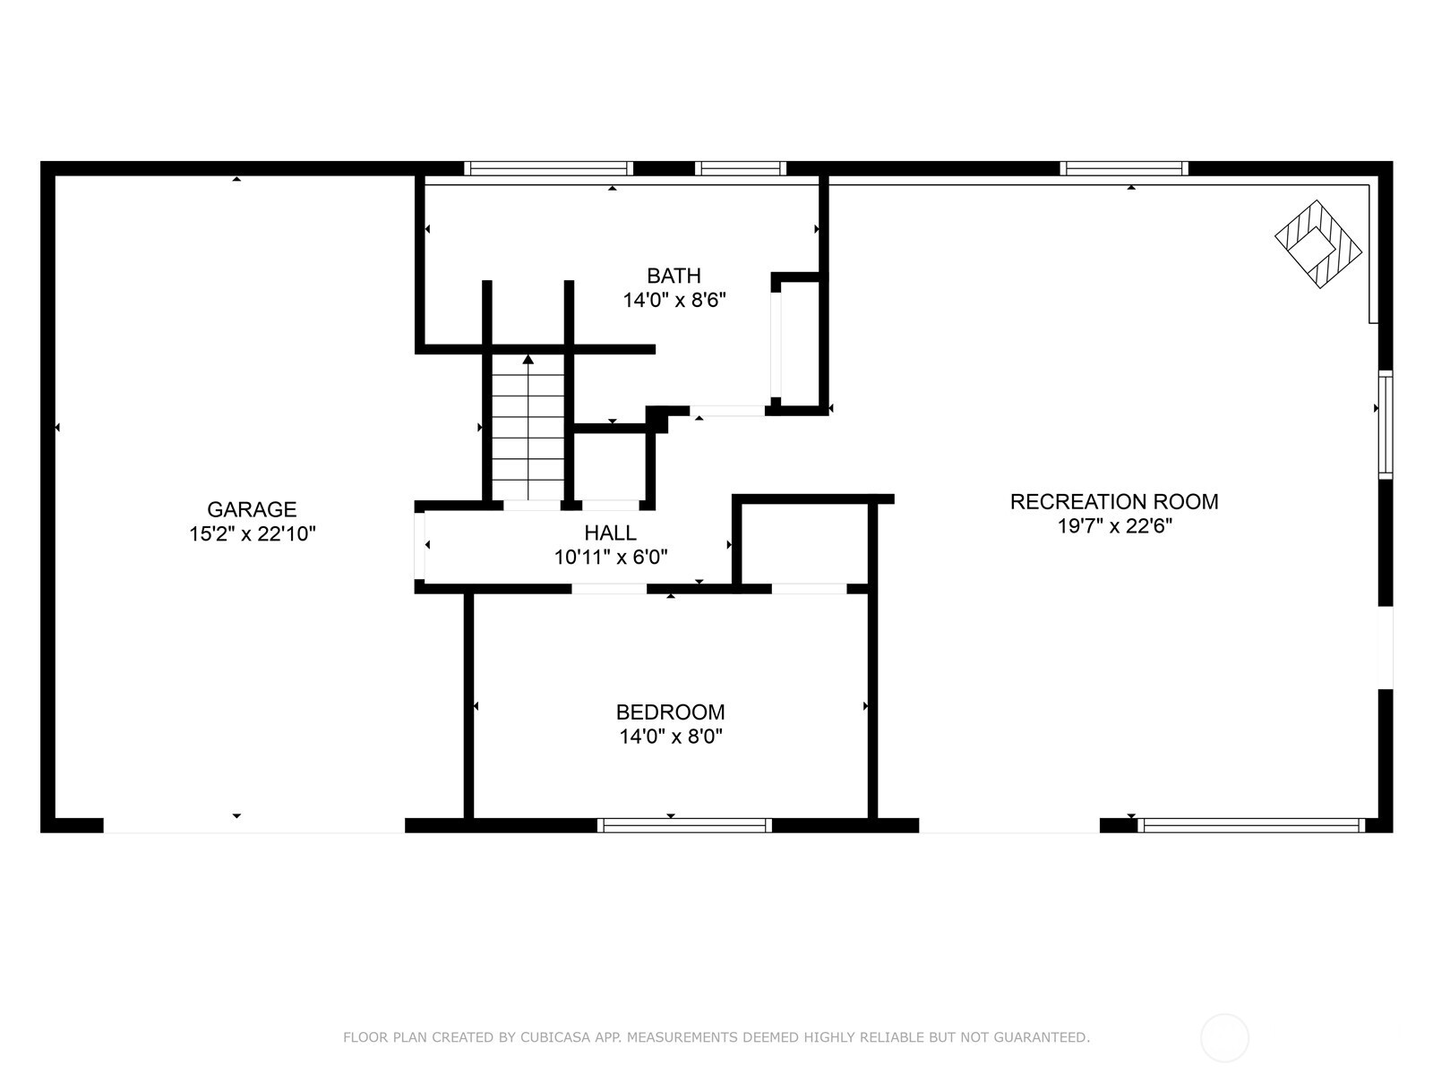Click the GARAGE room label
(252, 509)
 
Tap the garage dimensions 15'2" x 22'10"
(252, 534)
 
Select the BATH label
(674, 276)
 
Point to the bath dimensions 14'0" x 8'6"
(674, 300)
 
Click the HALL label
(610, 533)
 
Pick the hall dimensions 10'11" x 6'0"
(610, 558)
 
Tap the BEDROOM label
(670, 712)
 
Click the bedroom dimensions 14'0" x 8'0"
(670, 737)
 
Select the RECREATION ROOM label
(1114, 502)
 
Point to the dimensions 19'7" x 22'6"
(1114, 526)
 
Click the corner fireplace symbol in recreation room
(1317, 243)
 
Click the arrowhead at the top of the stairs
(528, 360)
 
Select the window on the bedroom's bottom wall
(684, 825)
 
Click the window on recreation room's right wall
(1385, 424)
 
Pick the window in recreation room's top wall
(1123, 168)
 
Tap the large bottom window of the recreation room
(1250, 825)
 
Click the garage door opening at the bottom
(253, 825)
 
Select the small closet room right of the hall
(803, 544)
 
